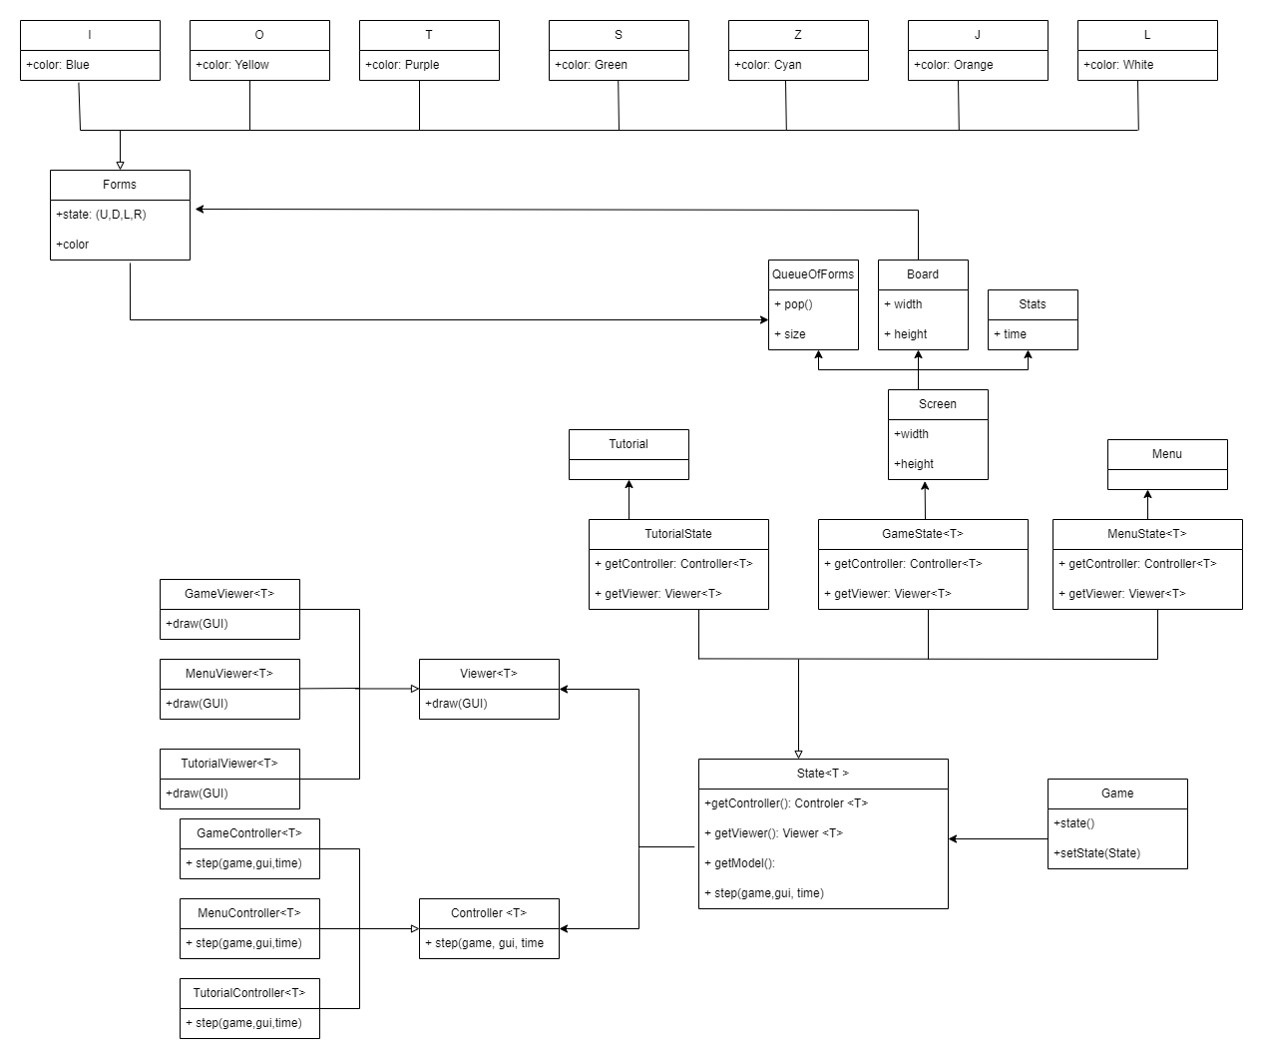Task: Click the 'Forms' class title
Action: pyautogui.click(x=120, y=185)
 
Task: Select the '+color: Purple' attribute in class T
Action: pyautogui.click(x=402, y=65)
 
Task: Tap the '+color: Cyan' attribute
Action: pyautogui.click(x=768, y=65)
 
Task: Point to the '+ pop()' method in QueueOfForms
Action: pyautogui.click(x=793, y=304)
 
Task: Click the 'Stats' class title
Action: pyautogui.click(x=1033, y=304)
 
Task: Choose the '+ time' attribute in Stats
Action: pyautogui.click(x=1010, y=334)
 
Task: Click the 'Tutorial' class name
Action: pyautogui.click(x=629, y=444)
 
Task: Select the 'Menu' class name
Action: pyautogui.click(x=1167, y=454)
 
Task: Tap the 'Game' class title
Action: pyautogui.click(x=1117, y=794)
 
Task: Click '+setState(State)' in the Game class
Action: pyautogui.click(x=1096, y=853)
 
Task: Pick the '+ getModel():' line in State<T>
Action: pyautogui.click(x=739, y=863)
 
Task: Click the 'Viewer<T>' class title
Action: pyautogui.click(x=489, y=674)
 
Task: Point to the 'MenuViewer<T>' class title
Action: pyautogui.click(x=229, y=674)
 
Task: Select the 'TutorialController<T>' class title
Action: pyautogui.click(x=249, y=993)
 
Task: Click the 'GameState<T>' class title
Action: pyautogui.click(x=923, y=534)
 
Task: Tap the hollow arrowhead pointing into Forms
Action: pyautogui.click(x=120, y=165)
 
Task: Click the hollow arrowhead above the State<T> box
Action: pyautogui.click(x=798, y=754)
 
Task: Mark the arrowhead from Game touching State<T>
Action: pyautogui.click(x=954, y=839)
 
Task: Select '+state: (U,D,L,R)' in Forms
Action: pyautogui.click(x=101, y=215)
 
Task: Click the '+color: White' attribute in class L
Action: pyautogui.click(x=1118, y=65)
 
